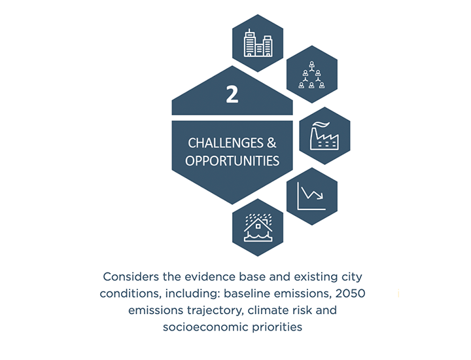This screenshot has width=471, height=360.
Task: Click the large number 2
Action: pos(232,94)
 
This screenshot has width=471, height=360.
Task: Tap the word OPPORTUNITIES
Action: pos(232,161)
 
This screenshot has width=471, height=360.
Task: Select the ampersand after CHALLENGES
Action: pos(271,143)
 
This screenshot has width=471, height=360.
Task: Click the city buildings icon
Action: pos(258,43)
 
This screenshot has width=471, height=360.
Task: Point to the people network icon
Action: pos(312,75)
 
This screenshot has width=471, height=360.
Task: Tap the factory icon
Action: pos(324,136)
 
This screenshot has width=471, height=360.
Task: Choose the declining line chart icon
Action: pos(311,196)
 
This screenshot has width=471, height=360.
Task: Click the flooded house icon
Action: pos(258,228)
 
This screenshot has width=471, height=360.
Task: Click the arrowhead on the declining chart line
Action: pos(320,196)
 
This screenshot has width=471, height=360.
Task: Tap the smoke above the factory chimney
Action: pos(321,125)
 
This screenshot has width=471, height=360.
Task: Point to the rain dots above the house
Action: pos(258,219)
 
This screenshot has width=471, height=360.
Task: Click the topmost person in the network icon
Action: pos(312,65)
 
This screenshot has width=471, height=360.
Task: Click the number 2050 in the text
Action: pos(350,293)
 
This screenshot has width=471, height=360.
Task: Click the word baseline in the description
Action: pos(247,293)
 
